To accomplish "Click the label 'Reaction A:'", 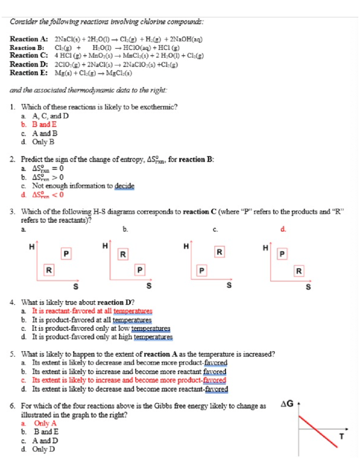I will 28,39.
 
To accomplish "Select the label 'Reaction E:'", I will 28,73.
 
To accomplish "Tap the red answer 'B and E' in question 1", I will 44,125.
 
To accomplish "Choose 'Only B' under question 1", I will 43,142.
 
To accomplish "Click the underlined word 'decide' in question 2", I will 124,186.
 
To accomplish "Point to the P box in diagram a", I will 66,254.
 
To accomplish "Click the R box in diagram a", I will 49,270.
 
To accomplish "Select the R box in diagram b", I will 123,254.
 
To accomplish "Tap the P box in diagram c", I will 202,271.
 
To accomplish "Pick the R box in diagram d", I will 299,271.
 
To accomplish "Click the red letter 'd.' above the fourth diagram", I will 283,230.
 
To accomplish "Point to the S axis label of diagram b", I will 149,286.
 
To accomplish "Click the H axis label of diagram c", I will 186,246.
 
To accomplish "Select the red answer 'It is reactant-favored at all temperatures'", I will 92,311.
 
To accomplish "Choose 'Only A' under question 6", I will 45,423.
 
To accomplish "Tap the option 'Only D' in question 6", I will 43,449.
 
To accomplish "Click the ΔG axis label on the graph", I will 287,404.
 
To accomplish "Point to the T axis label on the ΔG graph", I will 341,436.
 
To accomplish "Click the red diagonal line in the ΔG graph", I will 318,431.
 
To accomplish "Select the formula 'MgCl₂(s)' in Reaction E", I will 119,73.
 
